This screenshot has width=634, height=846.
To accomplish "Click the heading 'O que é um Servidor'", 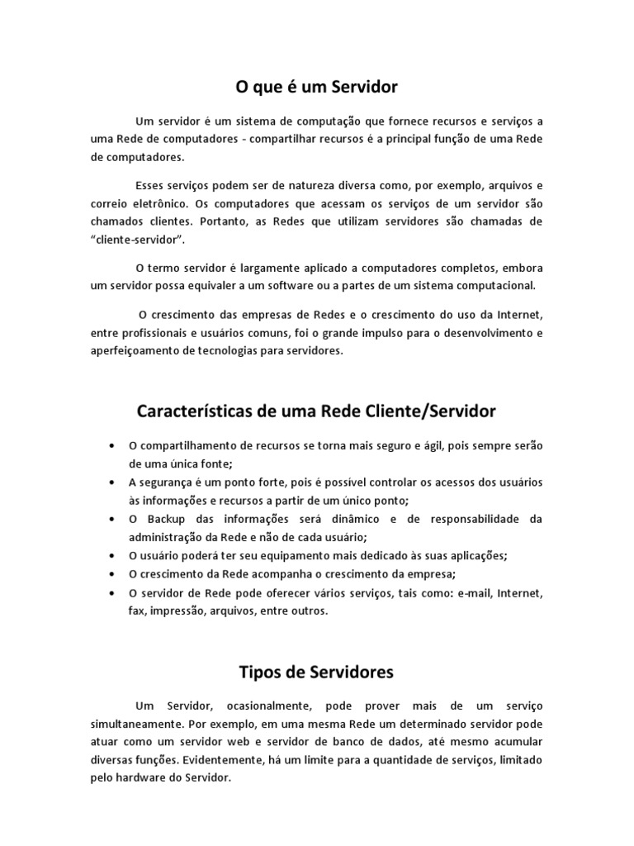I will point(317,86).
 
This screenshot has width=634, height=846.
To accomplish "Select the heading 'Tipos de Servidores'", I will point(316,672).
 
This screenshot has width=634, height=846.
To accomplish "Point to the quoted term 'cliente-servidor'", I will point(139,240).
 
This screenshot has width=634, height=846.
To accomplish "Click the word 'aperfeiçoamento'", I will point(135,350).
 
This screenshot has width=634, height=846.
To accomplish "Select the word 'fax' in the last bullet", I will point(136,611).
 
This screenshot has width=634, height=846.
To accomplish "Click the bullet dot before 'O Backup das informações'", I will point(111,519).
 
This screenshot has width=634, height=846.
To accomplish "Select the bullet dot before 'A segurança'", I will point(111,482).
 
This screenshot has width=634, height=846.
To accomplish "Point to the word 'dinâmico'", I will point(357,519).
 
